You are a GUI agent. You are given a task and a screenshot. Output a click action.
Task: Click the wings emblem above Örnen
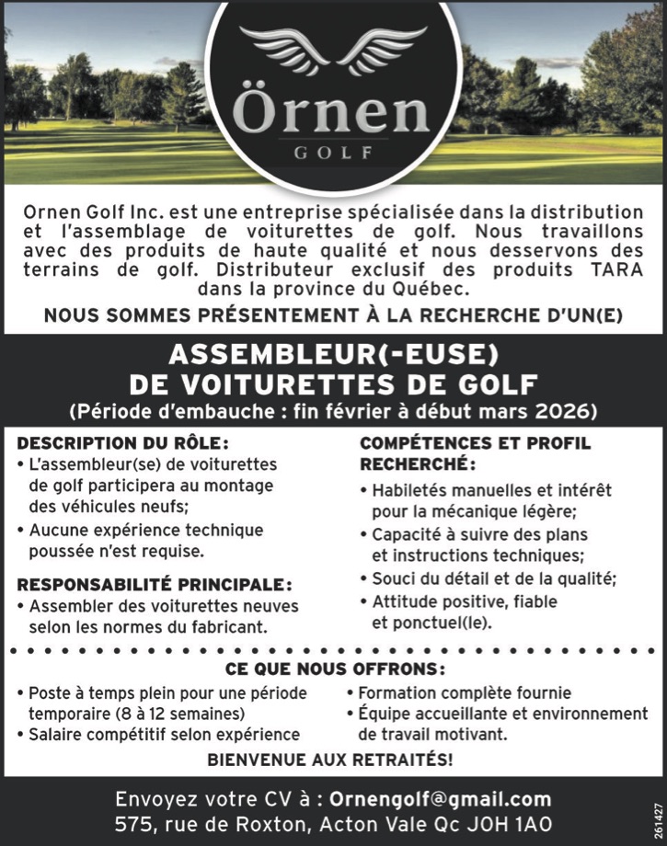333,50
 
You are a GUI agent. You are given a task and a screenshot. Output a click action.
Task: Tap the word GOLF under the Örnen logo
333,153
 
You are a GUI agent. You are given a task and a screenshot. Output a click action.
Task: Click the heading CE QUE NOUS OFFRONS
335,668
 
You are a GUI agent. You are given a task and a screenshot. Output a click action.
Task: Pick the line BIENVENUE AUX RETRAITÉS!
330,760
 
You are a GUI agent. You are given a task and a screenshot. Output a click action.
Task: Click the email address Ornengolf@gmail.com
440,798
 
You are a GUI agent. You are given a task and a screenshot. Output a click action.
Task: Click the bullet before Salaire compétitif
20,734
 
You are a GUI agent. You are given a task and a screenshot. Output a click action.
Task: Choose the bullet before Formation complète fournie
351,692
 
